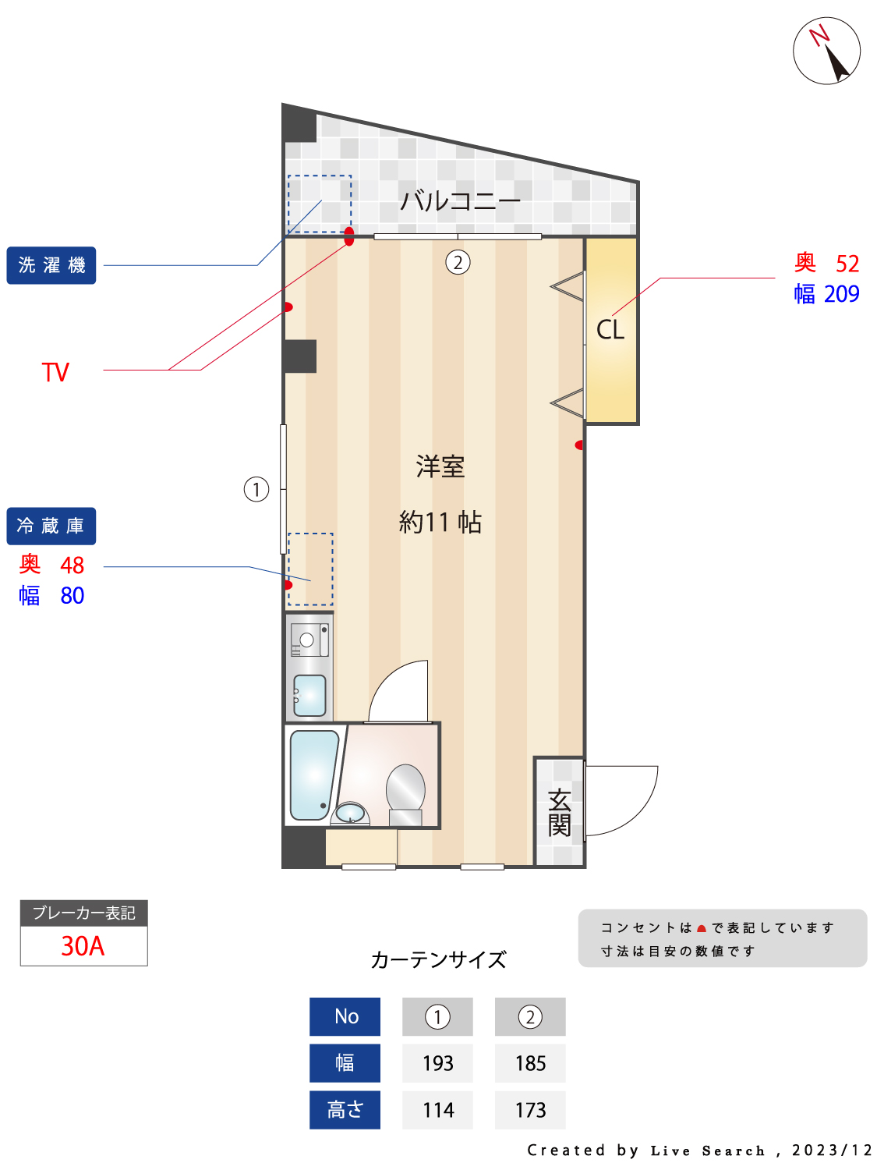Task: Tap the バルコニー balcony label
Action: pyautogui.click(x=459, y=201)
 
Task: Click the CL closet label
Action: pyautogui.click(x=610, y=330)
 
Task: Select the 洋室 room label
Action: pyautogui.click(x=440, y=466)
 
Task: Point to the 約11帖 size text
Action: pyautogui.click(x=440, y=522)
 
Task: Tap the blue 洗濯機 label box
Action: pyautogui.click(x=51, y=265)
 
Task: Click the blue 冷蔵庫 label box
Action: pyautogui.click(x=51, y=526)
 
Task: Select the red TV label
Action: pyautogui.click(x=55, y=372)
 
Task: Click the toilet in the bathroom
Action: pyautogui.click(x=405, y=792)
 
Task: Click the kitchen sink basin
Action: pyautogui.click(x=310, y=695)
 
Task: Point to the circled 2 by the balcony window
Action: pyautogui.click(x=458, y=262)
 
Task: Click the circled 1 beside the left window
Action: pyautogui.click(x=256, y=489)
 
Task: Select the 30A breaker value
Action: pyautogui.click(x=83, y=946)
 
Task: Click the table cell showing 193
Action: pyautogui.click(x=437, y=1063)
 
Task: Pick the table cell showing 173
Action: pyautogui.click(x=530, y=1110)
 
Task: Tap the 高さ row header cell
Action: pyautogui.click(x=345, y=1110)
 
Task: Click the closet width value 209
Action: pyautogui.click(x=841, y=294)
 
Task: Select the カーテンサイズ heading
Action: pyautogui.click(x=438, y=959)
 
